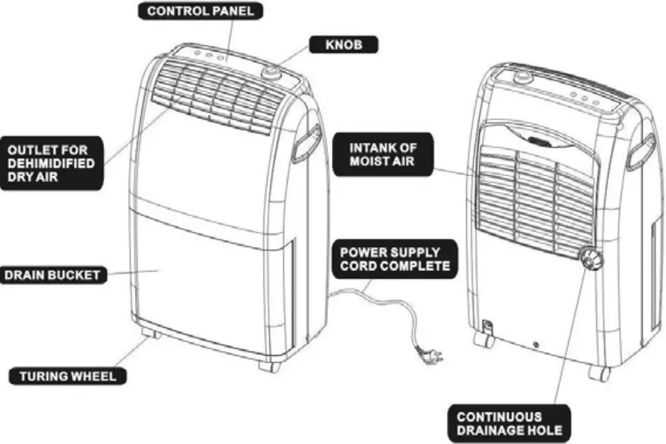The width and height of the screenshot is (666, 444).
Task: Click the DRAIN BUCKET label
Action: pos(53,276)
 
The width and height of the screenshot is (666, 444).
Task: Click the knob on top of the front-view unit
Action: pos(272,72)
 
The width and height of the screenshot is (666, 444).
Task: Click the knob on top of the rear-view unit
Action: pos(524,77)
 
